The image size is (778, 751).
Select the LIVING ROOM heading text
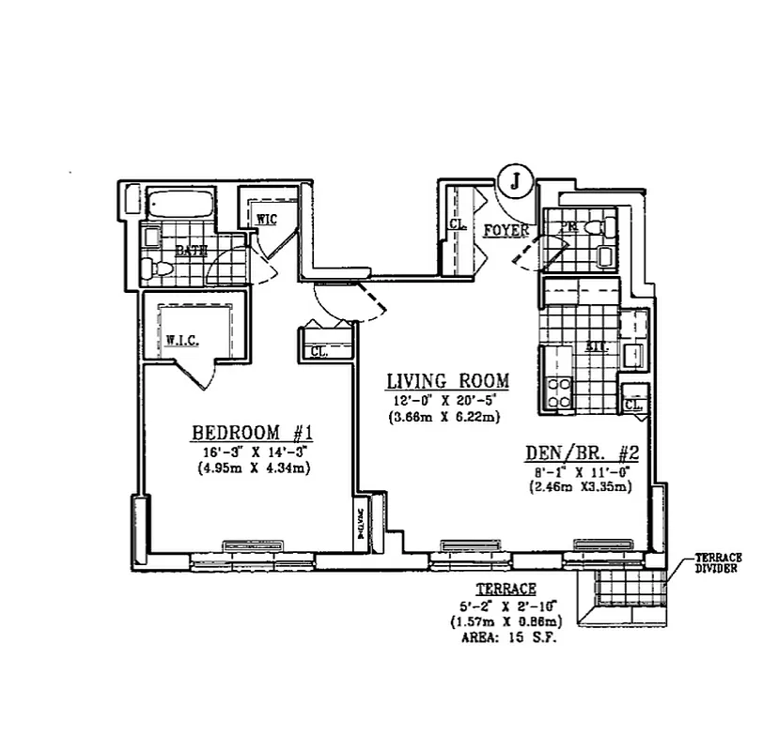[x=448, y=381]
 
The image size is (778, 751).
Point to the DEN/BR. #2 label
[x=582, y=452]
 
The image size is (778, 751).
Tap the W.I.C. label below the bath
[x=180, y=340]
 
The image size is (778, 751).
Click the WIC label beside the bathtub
[x=267, y=219]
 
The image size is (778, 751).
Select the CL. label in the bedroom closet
[x=318, y=352]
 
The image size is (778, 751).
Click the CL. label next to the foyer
[x=458, y=225]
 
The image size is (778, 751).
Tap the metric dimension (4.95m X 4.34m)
[x=254, y=467]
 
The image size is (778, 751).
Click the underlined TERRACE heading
[x=506, y=589]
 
